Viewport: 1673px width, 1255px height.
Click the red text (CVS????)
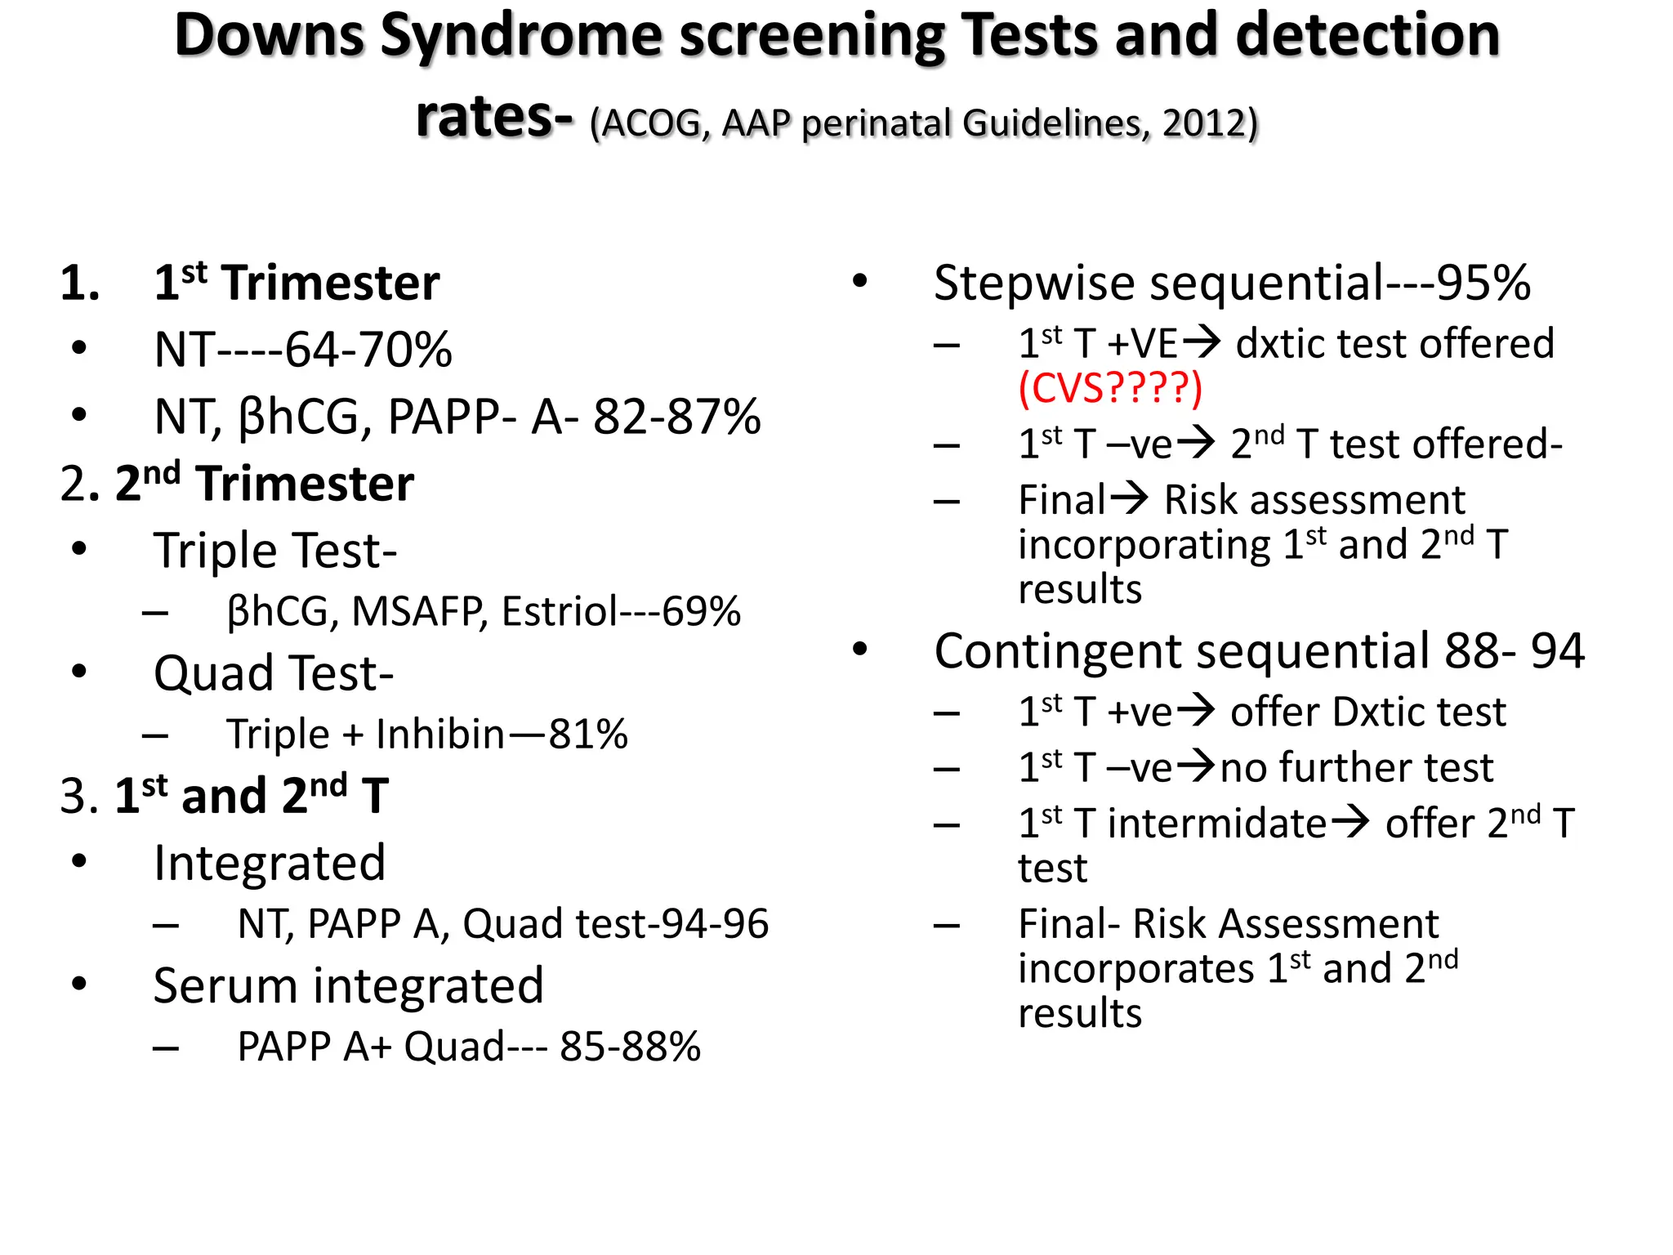(1110, 388)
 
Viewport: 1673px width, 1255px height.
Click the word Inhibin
(440, 735)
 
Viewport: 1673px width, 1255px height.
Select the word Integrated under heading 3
(270, 864)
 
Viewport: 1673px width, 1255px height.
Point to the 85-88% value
(630, 1047)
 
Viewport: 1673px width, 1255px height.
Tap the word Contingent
(1057, 652)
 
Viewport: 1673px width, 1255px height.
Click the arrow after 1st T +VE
(1202, 342)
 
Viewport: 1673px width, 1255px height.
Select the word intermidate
(1216, 824)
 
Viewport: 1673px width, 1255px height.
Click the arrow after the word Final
(1130, 498)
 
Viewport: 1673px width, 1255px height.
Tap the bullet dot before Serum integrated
(79, 984)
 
